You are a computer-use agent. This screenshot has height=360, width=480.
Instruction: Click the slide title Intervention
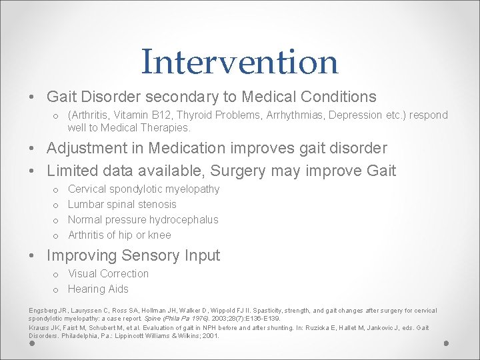tap(239, 61)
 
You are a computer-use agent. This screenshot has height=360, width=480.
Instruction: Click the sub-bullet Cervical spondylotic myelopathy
tap(143, 189)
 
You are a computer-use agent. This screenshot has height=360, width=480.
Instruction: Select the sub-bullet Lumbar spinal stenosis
tap(122, 205)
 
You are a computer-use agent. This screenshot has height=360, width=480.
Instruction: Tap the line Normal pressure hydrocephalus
tap(143, 220)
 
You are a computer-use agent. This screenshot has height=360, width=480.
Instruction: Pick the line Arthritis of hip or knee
tap(119, 235)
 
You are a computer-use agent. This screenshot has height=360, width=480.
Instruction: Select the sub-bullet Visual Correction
tap(108, 274)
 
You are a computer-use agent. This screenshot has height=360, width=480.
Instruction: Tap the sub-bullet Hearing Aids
tap(98, 289)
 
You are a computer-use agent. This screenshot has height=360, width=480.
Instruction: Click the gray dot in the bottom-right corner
tap(447, 343)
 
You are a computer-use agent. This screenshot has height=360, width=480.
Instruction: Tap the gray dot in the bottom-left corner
tap(31, 344)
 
